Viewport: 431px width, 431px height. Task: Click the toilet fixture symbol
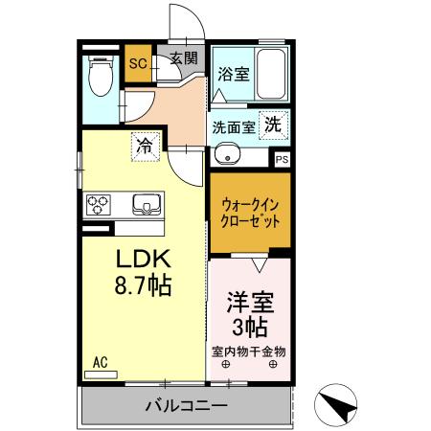99,74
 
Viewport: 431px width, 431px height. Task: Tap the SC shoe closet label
137,65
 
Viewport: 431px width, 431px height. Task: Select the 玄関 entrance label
184,57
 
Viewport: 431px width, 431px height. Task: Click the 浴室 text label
233,73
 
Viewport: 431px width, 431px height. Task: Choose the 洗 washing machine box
274,124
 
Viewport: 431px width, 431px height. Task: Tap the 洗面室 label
233,125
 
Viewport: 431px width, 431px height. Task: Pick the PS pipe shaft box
281,160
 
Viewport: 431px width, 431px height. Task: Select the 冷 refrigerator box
144,147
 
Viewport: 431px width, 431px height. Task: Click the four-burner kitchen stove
100,204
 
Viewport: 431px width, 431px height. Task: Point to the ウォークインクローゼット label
251,213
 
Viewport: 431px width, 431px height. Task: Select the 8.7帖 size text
144,285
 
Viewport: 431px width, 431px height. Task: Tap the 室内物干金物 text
249,351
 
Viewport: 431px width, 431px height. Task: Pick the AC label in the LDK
100,362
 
